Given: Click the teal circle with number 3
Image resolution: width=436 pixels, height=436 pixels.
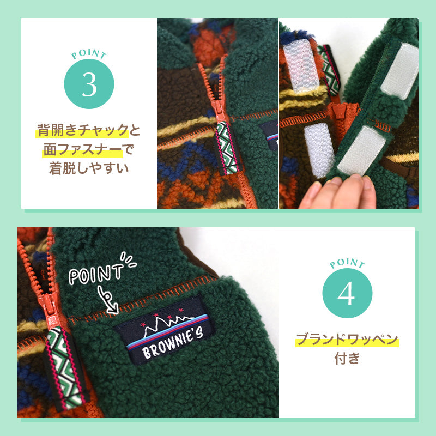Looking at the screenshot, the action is coord(89,84).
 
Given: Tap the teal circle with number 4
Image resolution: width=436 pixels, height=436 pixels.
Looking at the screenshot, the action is coord(347,293).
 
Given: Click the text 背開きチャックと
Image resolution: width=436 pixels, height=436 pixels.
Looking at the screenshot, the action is coord(88,130).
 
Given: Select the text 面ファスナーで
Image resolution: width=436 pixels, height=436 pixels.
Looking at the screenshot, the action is coord(89,149).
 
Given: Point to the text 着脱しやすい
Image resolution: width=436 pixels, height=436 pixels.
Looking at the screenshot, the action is coord(89,168).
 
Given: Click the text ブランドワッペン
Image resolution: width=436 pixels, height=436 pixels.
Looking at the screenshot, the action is coord(347,340).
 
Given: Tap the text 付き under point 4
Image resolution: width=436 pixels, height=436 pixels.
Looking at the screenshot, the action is coord(347,358).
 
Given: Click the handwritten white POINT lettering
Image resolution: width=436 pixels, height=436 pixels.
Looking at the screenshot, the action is coord(96,274).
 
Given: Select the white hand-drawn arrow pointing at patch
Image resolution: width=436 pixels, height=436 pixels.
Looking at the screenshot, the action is coord(107,301).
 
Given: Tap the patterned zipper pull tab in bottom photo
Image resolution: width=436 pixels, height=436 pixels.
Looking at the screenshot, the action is coord(64,367).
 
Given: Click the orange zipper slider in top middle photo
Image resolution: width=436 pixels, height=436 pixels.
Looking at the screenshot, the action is coord(219,110).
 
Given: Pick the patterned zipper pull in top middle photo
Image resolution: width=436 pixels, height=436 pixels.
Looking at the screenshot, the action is coord(227,147).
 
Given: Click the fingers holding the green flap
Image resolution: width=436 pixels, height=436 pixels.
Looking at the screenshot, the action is coord(338,192).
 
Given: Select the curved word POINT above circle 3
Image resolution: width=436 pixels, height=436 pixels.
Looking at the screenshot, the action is coord(89,53).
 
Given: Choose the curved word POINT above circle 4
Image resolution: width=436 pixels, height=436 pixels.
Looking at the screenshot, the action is coord(347,263).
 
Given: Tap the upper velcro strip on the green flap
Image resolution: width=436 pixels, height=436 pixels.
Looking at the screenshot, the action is coord(399,71).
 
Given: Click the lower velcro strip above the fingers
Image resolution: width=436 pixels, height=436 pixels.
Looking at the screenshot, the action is coord(361,152).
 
